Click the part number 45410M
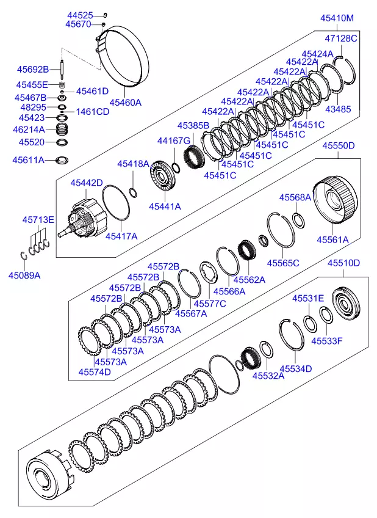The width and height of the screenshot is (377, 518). click(x=337, y=18)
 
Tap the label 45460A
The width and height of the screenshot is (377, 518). click(x=125, y=103)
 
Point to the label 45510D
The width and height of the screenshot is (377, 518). click(x=344, y=263)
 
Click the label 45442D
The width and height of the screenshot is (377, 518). click(x=86, y=183)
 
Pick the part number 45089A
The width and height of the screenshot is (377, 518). click(x=24, y=275)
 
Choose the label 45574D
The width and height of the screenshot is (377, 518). click(x=95, y=372)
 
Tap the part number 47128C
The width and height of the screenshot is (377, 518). click(x=340, y=38)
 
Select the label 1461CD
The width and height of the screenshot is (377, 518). click(x=93, y=112)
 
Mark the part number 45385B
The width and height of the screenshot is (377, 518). click(x=193, y=125)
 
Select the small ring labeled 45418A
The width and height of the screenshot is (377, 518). click(x=134, y=192)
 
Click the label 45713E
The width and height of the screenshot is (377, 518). click(x=38, y=220)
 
